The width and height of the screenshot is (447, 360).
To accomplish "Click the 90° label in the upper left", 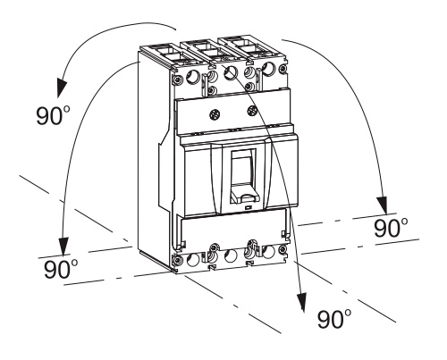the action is pyautogui.click(x=54, y=115).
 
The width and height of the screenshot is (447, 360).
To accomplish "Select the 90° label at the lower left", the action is pyautogui.click(x=62, y=269).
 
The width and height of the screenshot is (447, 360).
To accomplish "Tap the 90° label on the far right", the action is pyautogui.click(x=392, y=228).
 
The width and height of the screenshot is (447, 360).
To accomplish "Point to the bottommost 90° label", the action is pyautogui.click(x=334, y=319).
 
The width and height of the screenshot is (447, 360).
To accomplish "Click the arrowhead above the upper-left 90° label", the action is pyautogui.click(x=62, y=88).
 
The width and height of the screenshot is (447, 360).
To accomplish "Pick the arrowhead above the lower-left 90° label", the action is pyautogui.click(x=63, y=247).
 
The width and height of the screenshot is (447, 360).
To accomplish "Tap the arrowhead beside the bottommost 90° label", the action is pyautogui.click(x=301, y=303).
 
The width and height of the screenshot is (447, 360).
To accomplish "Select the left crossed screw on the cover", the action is pyautogui.click(x=215, y=114).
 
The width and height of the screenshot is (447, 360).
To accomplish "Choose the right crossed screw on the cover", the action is pyautogui.click(x=252, y=111).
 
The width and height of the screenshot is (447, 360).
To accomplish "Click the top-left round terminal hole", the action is pyautogui.click(x=192, y=78).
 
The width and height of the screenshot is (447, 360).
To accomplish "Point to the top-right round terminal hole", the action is pyautogui.click(x=269, y=68).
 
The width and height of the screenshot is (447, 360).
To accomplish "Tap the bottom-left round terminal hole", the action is pyautogui.click(x=193, y=260).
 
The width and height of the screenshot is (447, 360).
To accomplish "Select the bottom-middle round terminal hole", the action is pyautogui.click(x=231, y=256).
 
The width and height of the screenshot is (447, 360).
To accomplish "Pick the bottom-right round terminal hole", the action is pyautogui.click(x=268, y=253).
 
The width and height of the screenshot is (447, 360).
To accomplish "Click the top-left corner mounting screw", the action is pyautogui.click(x=178, y=80).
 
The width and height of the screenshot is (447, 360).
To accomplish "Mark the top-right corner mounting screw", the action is pyautogui.click(x=283, y=69).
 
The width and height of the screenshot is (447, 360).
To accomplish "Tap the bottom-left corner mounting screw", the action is pyautogui.click(x=178, y=260).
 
